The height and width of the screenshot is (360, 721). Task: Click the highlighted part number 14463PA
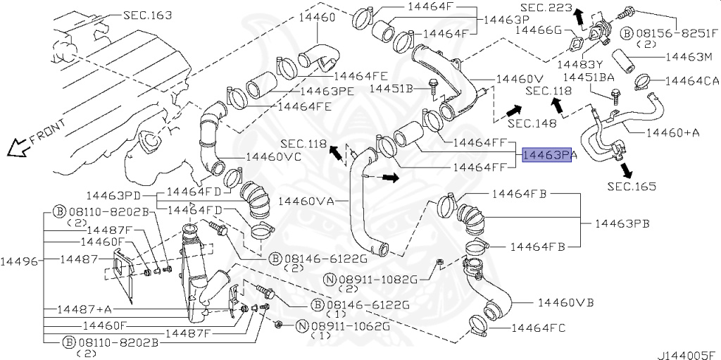pyautogui.click(x=547, y=155)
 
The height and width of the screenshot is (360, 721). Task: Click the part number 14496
pyautogui.click(x=19, y=259)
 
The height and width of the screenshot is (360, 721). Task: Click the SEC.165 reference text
pyautogui.click(x=632, y=187)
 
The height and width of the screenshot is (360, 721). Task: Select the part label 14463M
pyautogui.click(x=689, y=56)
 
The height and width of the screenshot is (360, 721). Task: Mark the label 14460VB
pyautogui.click(x=565, y=302)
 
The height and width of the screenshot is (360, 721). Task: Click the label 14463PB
pyautogui.click(x=622, y=223)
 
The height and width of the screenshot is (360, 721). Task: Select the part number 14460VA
pyautogui.click(x=306, y=201)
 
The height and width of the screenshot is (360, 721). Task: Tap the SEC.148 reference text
pyautogui.click(x=532, y=123)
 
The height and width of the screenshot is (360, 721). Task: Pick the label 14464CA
pyautogui.click(x=691, y=81)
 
